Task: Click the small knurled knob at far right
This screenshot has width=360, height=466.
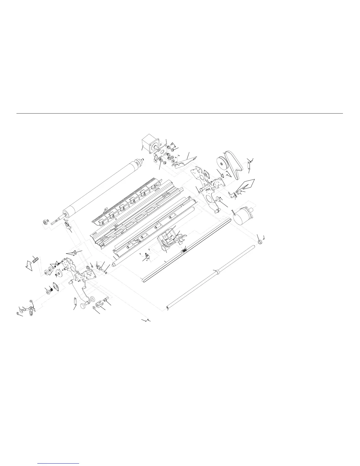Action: point(260,242)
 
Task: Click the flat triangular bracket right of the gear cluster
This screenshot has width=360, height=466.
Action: point(184,161)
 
